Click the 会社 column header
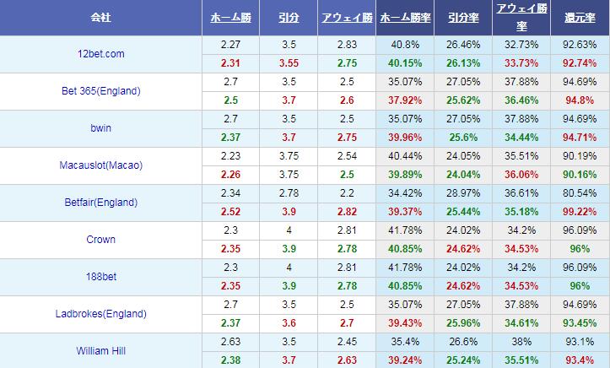pyautogui.click(x=100, y=17)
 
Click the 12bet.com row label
pyautogui.click(x=100, y=54)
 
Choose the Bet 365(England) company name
pyautogui.click(x=100, y=91)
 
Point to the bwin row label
pyautogui.click(x=100, y=128)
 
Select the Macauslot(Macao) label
pyautogui.click(x=100, y=165)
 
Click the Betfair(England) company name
pyautogui.click(x=100, y=203)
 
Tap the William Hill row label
pyautogui.click(x=100, y=350)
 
